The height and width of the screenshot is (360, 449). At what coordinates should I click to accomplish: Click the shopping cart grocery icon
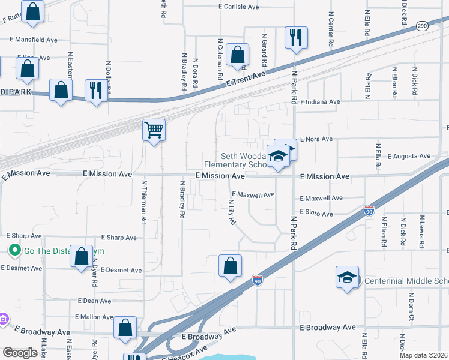click(x=154, y=129)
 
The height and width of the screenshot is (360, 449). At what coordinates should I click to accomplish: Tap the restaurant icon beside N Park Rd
click(x=296, y=38)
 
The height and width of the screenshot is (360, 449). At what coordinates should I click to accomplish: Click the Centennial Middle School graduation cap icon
click(x=347, y=277)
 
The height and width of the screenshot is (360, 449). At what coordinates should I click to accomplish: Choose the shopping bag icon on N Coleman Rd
click(x=238, y=55)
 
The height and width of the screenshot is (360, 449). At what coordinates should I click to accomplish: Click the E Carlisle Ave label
click(x=238, y=7)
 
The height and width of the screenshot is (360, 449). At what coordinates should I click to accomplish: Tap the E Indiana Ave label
click(x=320, y=102)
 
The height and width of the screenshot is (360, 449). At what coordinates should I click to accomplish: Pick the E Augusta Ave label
click(x=409, y=156)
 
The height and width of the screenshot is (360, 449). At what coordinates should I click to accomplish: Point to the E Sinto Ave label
click(x=316, y=214)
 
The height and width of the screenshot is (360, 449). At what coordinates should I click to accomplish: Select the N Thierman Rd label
click(x=144, y=202)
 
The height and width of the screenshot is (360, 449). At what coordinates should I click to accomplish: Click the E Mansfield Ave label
click(x=33, y=40)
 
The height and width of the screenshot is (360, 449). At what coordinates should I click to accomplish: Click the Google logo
click(x=20, y=353)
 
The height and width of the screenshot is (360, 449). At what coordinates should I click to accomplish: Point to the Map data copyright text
click(x=424, y=355)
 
